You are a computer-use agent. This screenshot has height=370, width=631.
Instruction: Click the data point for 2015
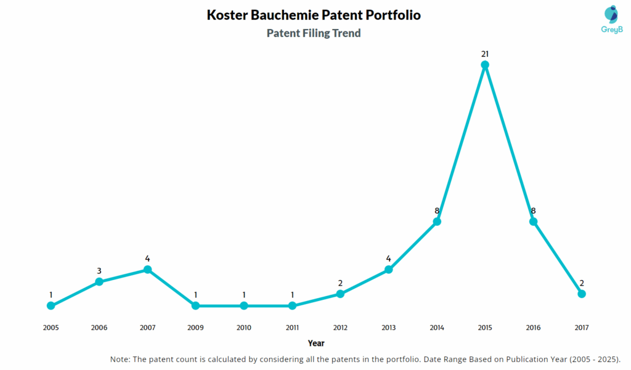(485, 65)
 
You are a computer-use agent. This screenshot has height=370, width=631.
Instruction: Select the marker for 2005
(51, 305)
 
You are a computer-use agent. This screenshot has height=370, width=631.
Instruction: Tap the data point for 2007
(147, 270)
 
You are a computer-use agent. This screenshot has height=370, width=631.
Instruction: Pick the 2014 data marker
(437, 222)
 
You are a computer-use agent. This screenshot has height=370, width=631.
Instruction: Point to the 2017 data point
(581, 294)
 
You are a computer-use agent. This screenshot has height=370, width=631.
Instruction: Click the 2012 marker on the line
(340, 294)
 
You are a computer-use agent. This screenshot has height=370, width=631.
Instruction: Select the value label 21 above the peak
(485, 54)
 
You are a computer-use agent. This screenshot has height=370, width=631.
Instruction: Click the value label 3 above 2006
(99, 271)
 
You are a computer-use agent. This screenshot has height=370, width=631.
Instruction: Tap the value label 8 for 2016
(533, 211)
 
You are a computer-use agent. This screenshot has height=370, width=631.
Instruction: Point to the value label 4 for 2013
(388, 259)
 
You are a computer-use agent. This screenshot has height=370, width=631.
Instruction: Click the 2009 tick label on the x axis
(195, 328)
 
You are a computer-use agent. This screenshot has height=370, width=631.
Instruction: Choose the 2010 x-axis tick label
(244, 328)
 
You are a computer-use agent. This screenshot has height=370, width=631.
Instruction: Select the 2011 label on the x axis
(292, 328)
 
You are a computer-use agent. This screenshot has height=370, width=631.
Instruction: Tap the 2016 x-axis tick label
(533, 328)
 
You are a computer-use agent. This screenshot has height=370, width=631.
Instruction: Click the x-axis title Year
(316, 343)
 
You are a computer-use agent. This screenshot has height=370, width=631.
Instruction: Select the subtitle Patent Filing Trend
(314, 33)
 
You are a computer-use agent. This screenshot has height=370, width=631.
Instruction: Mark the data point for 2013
(388, 270)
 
